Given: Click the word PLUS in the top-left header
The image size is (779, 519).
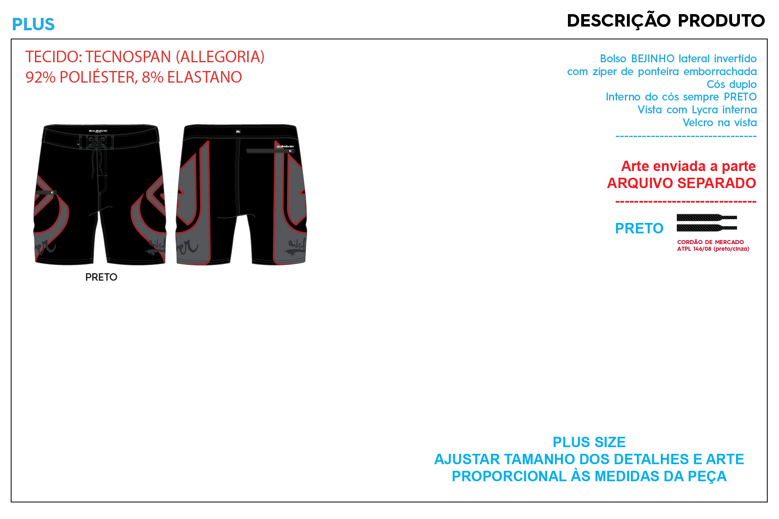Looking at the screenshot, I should pos(33,24).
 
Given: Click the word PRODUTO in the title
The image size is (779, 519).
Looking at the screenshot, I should pos(721,21).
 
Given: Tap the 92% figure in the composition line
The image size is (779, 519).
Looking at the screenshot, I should pos(40,77).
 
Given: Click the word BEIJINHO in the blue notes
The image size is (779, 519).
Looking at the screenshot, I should pos(653,59).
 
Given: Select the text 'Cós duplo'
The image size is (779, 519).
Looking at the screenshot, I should pos(731,84).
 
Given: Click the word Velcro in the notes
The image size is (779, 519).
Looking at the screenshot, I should pos(698,123).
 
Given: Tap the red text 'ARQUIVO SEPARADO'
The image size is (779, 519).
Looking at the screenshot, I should pos(681,183).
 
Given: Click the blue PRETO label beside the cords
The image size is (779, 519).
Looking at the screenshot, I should pos(639,228).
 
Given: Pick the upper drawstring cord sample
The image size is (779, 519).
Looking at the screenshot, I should pos(706,217).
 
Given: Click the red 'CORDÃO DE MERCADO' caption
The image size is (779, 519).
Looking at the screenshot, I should pos(710,242).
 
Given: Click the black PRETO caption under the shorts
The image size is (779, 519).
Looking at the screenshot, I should pos(101,277).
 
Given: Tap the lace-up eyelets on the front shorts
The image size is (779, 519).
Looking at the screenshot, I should pos(96,142).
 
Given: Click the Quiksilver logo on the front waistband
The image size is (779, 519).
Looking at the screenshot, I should pos(98,130).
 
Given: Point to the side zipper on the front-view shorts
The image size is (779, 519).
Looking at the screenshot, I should pos(46,192).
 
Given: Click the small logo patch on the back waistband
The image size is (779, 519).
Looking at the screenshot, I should pos(238,132).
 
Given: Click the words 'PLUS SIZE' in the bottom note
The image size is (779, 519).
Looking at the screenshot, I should pos(589,442).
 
